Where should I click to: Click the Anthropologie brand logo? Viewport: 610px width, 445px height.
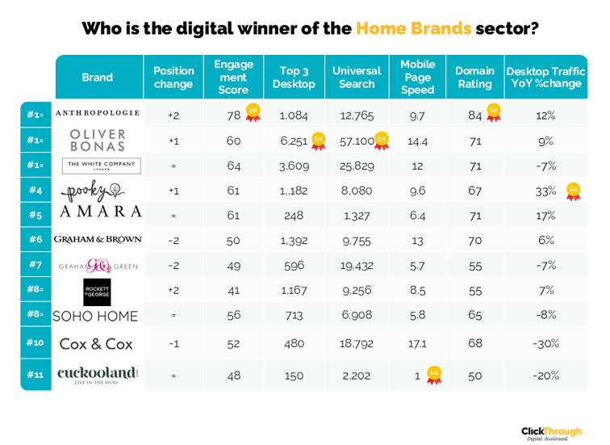pos(97,114)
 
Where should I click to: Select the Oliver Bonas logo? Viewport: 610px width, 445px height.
pos(98,141)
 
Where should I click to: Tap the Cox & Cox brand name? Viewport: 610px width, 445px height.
pos(97,343)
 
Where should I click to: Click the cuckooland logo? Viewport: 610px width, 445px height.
pos(98,374)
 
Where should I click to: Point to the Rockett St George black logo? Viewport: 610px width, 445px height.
pos(97,291)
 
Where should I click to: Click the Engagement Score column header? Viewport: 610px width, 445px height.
pos(233,78)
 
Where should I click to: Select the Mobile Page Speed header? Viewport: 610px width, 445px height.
pos(417,78)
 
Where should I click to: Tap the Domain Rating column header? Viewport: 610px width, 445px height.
pos(474,78)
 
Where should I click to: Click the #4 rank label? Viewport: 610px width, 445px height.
pos(36,191)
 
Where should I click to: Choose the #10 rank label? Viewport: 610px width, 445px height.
pos(36,342)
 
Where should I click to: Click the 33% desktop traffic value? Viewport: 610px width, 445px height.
pos(545,191)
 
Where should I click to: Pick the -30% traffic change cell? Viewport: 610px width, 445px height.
pos(545,343)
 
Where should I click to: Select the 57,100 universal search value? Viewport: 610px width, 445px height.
pos(357,141)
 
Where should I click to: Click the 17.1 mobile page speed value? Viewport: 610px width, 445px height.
pos(417,343)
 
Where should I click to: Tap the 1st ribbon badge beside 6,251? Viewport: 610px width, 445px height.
pos(318,141)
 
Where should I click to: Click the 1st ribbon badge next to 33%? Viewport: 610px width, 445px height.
pos(573,191)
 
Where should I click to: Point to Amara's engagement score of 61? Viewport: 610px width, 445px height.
pos(233,216)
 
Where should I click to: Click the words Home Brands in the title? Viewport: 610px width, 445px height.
pos(413,29)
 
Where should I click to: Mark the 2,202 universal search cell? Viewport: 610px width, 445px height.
pos(357,375)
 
